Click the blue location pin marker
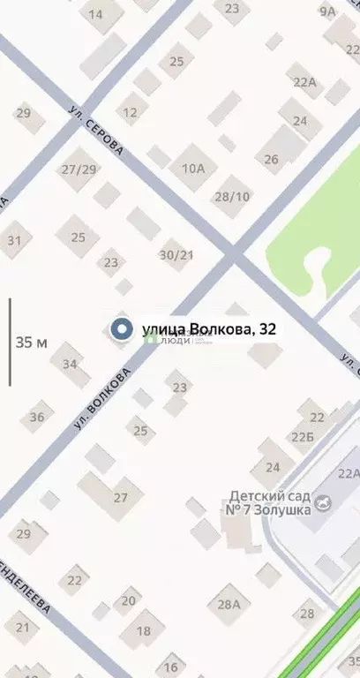(x=121, y=329)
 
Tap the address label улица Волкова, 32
(x=209, y=329)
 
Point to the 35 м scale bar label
(x=31, y=343)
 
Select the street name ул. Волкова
(x=102, y=399)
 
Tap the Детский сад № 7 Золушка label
(x=281, y=503)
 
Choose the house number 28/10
(x=231, y=196)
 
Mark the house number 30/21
(x=176, y=254)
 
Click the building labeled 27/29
(x=79, y=169)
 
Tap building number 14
(x=95, y=14)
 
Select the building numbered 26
(x=271, y=160)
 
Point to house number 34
(x=70, y=364)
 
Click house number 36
(x=37, y=418)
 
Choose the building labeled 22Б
(x=304, y=436)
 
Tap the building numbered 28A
(x=229, y=605)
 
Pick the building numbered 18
(x=143, y=631)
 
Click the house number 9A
(x=328, y=11)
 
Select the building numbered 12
(x=131, y=112)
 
